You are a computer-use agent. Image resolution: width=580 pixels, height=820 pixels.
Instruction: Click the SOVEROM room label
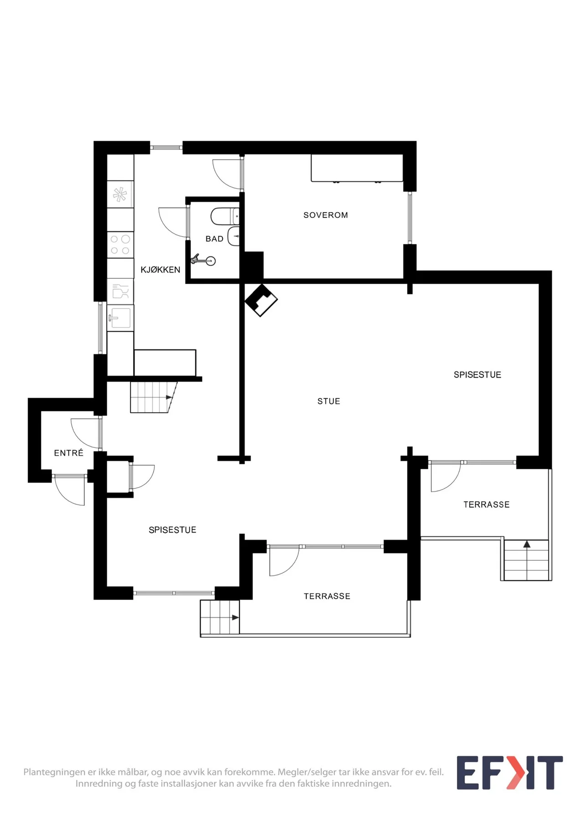tap(326, 215)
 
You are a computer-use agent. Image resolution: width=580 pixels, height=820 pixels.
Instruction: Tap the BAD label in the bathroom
tap(215, 239)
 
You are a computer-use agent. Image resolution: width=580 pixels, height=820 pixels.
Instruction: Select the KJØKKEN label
tap(160, 270)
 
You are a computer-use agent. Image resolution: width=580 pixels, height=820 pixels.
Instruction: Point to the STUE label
tap(329, 401)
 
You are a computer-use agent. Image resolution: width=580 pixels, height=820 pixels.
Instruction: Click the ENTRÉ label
tap(69, 453)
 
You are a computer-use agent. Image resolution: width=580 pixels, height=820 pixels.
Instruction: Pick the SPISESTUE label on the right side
tap(477, 375)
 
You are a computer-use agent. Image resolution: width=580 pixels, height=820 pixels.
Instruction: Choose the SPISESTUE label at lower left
tap(173, 530)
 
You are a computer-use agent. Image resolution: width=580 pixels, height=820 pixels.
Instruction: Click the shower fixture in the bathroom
tap(203, 260)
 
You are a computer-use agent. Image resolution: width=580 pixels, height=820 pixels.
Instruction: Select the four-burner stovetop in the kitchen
tap(120, 245)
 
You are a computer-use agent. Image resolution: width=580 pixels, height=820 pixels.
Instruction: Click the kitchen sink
tap(120, 318)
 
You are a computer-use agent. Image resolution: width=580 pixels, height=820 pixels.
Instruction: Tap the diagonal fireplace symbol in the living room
tap(261, 300)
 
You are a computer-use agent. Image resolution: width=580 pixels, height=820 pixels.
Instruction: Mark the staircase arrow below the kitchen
tap(169, 397)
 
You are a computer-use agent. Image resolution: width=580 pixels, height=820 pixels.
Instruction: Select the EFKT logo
tap(510, 773)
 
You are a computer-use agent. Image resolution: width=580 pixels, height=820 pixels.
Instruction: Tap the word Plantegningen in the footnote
tap(54, 772)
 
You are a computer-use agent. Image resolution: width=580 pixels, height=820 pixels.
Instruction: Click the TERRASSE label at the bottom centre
tap(327, 596)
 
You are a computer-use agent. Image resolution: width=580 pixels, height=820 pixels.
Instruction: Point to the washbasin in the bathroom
tap(234, 236)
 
